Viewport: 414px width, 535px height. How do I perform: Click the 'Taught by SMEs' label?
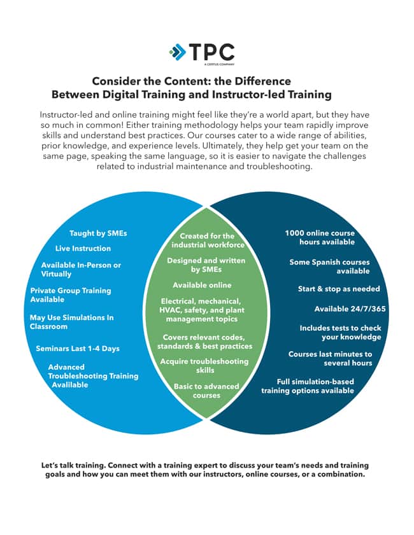[x=98, y=233]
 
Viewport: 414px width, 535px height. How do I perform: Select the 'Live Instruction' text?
[x=83, y=249]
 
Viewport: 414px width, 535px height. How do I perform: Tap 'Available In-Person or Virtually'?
[x=81, y=270]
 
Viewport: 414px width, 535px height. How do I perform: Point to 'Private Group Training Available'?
[x=70, y=295]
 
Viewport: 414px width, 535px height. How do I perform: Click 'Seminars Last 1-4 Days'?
[x=78, y=349]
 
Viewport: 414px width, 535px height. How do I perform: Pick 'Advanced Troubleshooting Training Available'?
[x=93, y=376]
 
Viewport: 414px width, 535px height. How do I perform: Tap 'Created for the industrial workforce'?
[x=208, y=240]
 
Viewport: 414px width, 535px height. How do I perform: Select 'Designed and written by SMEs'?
[x=206, y=265]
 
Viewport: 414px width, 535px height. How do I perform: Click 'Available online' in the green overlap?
[x=202, y=285]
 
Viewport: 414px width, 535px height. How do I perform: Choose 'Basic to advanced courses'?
[x=206, y=391]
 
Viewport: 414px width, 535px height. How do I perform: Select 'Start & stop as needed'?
[x=339, y=289]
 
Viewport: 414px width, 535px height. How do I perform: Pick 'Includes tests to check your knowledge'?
[x=340, y=333]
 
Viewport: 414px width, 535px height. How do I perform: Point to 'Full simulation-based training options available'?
[x=308, y=386]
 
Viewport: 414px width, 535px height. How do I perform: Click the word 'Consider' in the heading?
[x=115, y=81]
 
